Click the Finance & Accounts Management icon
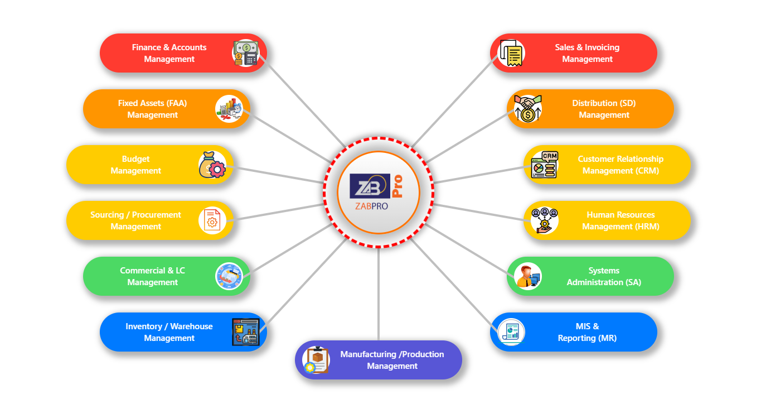coord(245,53)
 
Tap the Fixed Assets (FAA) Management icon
coord(229,109)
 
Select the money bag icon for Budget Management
coord(212,165)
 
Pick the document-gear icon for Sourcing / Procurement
coord(212,220)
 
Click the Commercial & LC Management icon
coord(229,276)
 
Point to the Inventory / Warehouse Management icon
coord(245,332)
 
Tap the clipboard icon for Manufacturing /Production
coord(316,360)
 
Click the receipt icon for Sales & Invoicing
coord(511,53)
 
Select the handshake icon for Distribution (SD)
coord(528,109)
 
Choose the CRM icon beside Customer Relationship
coord(544,165)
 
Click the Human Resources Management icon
coord(544,220)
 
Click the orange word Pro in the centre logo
coord(397,186)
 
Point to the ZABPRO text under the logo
coord(371,206)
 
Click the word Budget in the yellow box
coord(135,159)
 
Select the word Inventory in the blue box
coord(143,326)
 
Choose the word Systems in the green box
coord(604,271)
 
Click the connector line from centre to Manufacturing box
coord(379,296)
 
